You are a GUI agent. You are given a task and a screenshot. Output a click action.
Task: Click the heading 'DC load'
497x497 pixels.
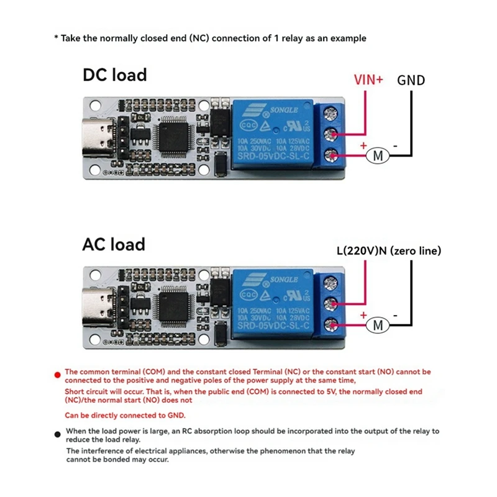(x=115, y=75)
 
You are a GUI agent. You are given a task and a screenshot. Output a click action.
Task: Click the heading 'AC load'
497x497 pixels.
(x=114, y=244)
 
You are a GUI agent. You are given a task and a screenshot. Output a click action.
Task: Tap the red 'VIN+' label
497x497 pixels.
(x=368, y=80)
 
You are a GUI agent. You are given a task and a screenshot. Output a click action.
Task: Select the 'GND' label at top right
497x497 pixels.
(x=411, y=80)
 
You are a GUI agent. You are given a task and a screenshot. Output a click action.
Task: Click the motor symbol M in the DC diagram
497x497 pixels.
(x=377, y=155)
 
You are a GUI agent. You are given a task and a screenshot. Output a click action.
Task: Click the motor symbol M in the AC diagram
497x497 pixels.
(x=377, y=324)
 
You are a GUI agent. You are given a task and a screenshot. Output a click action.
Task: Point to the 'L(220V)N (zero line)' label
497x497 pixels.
(x=388, y=251)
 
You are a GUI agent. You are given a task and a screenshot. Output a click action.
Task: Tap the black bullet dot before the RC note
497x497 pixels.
(x=58, y=434)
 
